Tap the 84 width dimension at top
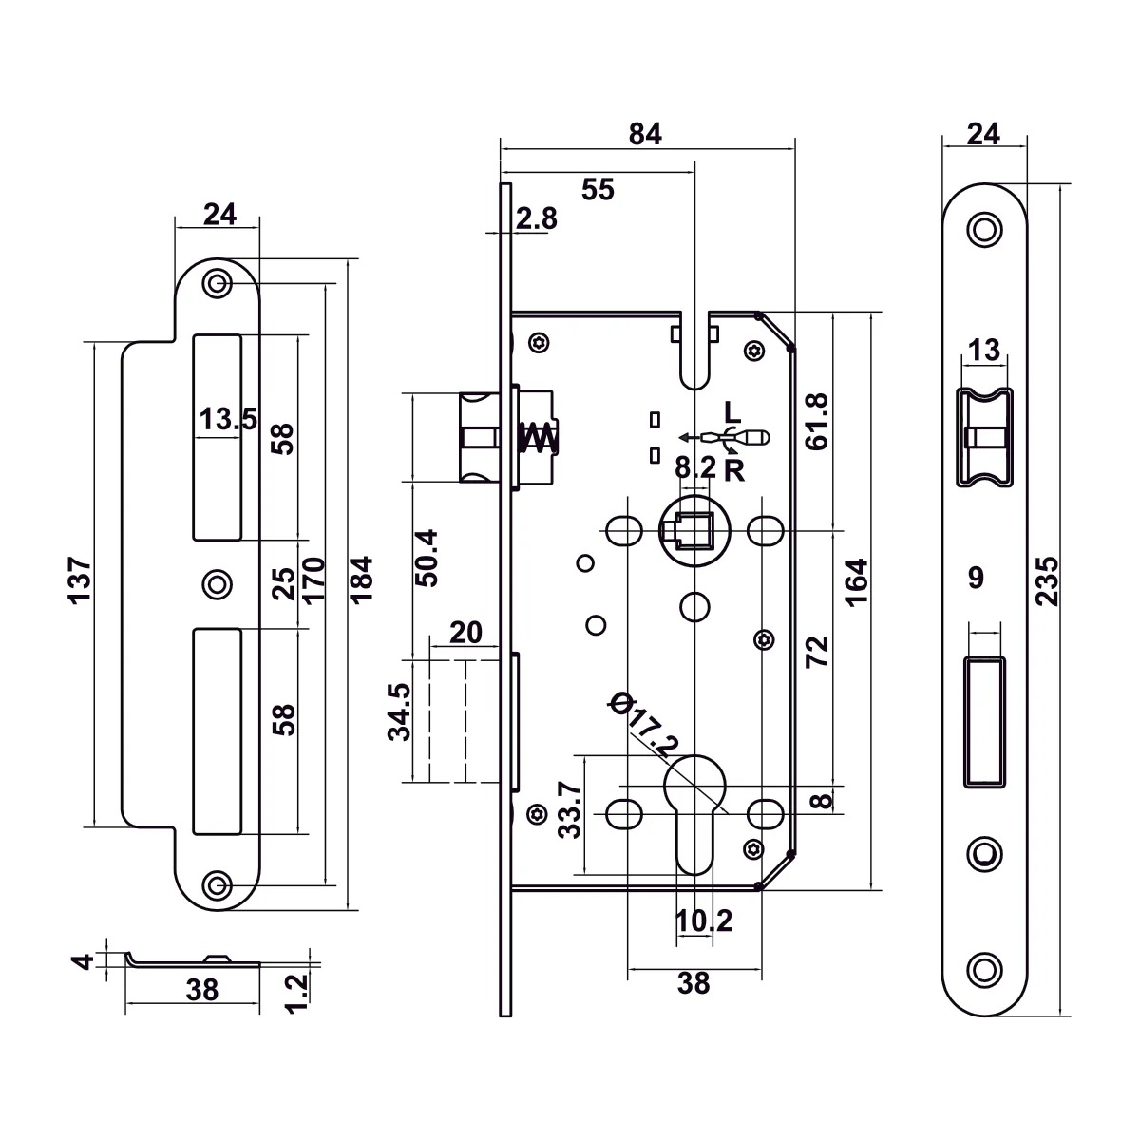coord(645,134)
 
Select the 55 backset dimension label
coord(598,190)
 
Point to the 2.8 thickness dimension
coord(537,218)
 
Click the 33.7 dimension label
coord(569,809)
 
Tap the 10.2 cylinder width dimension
coord(704,920)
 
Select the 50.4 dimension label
coord(427,558)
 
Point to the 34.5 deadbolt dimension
coord(400,712)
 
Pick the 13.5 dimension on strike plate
coord(227,418)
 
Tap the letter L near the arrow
coord(731,413)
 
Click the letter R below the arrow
coord(734,469)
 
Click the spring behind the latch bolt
coord(539,438)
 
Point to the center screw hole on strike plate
coord(218,583)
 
